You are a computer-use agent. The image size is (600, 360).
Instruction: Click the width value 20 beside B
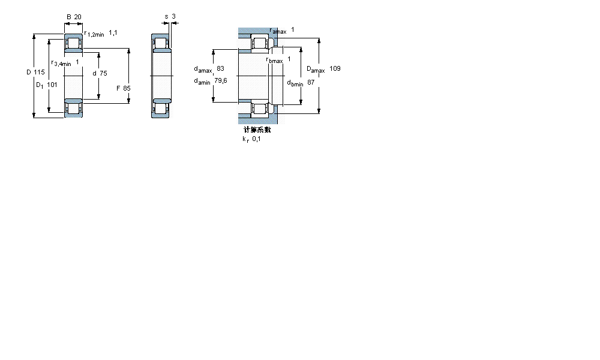click(x=78, y=17)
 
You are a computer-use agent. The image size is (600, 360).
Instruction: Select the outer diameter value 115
click(x=39, y=73)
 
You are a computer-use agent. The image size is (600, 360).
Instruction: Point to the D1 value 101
click(x=52, y=85)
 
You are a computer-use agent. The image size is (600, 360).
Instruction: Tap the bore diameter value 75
click(x=103, y=73)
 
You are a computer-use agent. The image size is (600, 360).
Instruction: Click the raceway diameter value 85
click(x=127, y=88)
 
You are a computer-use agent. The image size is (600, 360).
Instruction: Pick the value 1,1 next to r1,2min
click(x=113, y=33)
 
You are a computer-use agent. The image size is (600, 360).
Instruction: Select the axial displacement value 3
click(x=173, y=16)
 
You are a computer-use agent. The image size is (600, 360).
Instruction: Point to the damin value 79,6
click(x=221, y=81)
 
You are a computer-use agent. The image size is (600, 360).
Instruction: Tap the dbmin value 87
click(x=311, y=82)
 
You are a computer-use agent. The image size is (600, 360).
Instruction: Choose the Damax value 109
click(x=335, y=69)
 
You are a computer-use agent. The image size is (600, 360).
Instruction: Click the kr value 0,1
click(x=256, y=139)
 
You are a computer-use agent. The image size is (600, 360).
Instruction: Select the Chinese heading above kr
click(x=257, y=130)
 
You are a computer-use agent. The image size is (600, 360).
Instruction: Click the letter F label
click(x=118, y=88)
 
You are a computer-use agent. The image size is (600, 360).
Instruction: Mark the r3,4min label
click(x=61, y=63)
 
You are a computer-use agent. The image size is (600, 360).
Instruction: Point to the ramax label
click(x=278, y=31)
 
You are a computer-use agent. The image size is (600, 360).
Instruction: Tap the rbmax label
click(x=274, y=59)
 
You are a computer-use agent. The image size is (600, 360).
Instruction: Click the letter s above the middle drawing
click(x=166, y=16)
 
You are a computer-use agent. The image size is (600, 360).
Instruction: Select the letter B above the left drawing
click(x=68, y=17)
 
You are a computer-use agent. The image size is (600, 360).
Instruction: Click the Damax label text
click(x=316, y=70)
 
